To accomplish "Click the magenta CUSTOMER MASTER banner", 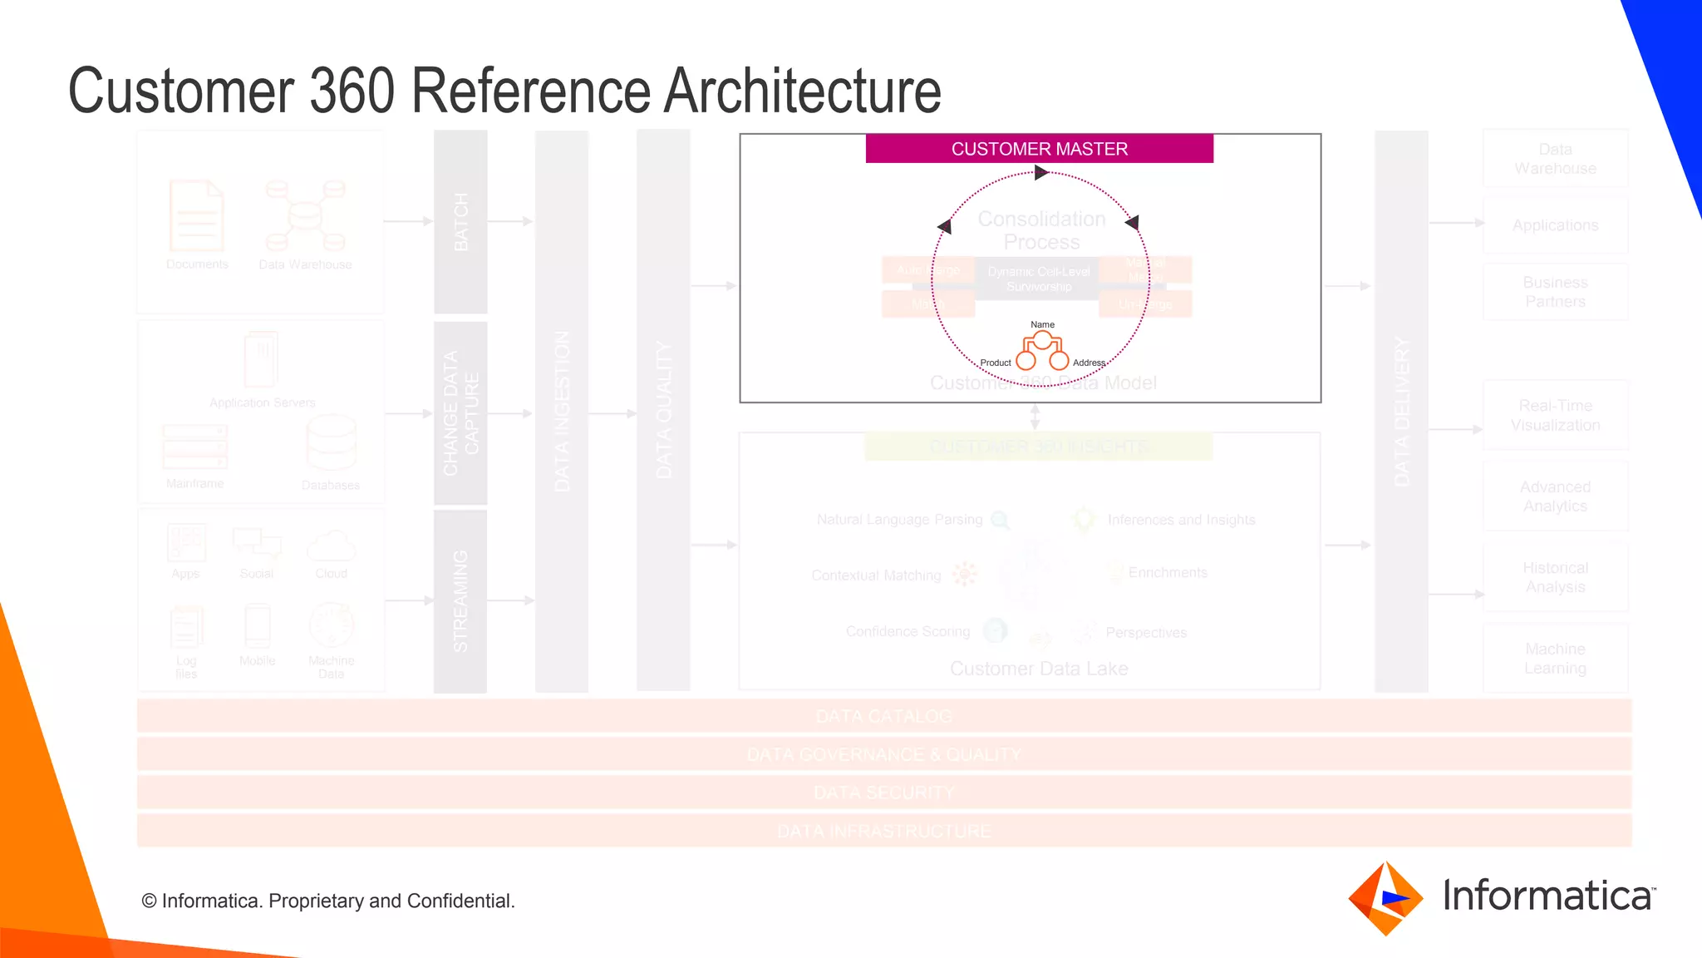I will click(1039, 149).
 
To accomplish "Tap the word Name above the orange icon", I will click(1042, 324).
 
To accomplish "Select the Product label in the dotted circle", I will click(995, 363).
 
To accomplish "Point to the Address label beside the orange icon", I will click(1089, 363).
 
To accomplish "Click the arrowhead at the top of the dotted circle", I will click(1040, 173).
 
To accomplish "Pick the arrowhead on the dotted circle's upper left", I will click(945, 226).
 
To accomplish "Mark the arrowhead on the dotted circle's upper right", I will click(1132, 222).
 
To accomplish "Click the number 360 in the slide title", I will click(352, 91).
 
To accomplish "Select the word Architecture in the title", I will click(802, 91).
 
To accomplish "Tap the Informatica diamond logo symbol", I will click(1385, 898).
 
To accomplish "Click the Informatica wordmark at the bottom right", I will click(1548, 896).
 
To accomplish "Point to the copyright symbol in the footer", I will click(149, 901).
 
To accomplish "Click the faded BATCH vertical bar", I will click(460, 221).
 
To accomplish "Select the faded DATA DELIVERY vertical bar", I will click(1401, 412).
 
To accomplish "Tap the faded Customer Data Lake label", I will click(1039, 669).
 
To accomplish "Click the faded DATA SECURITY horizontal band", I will click(884, 793).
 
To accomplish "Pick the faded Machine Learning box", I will click(1555, 659).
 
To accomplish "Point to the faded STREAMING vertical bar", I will click(460, 600).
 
